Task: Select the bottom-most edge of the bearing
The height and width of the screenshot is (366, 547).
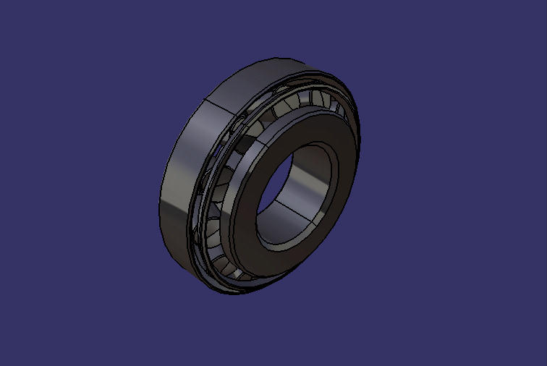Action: [x=217, y=292]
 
